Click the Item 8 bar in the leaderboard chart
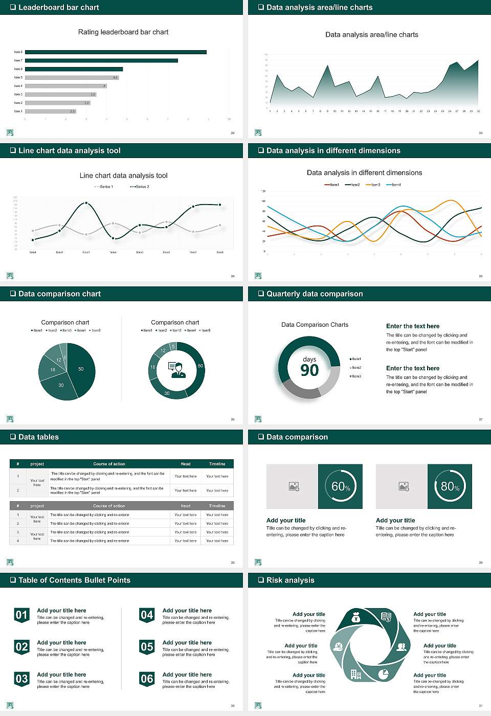(116, 52)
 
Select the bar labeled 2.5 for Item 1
(50, 111)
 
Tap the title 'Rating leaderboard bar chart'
(123, 32)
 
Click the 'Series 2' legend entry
(140, 187)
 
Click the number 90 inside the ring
(309, 370)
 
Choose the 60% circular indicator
(340, 486)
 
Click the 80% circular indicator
(450, 486)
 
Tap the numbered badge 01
(21, 615)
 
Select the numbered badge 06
(147, 679)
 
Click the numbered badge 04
(147, 615)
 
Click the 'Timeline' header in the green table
(217, 464)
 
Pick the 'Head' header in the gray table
(185, 506)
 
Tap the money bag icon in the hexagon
(356, 618)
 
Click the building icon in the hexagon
(356, 674)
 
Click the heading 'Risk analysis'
(290, 580)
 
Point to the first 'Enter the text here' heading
(413, 326)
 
